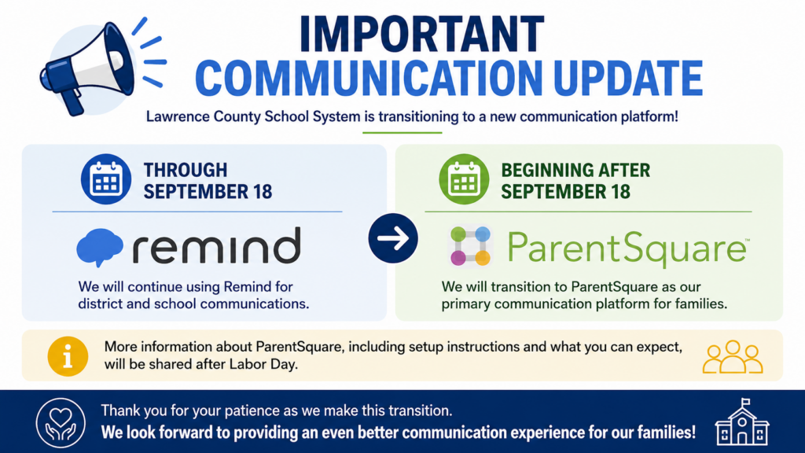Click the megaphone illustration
(x=87, y=67)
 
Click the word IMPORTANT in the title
(x=422, y=34)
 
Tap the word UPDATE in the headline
(x=628, y=78)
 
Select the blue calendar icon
(x=106, y=179)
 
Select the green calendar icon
(x=464, y=179)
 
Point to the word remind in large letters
(x=217, y=246)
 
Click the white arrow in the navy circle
(x=393, y=238)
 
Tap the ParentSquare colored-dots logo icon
(x=470, y=246)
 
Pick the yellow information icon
(x=68, y=356)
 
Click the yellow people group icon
(x=733, y=357)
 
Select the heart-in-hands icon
(x=61, y=422)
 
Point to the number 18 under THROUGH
(x=262, y=192)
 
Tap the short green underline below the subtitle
(x=402, y=132)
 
